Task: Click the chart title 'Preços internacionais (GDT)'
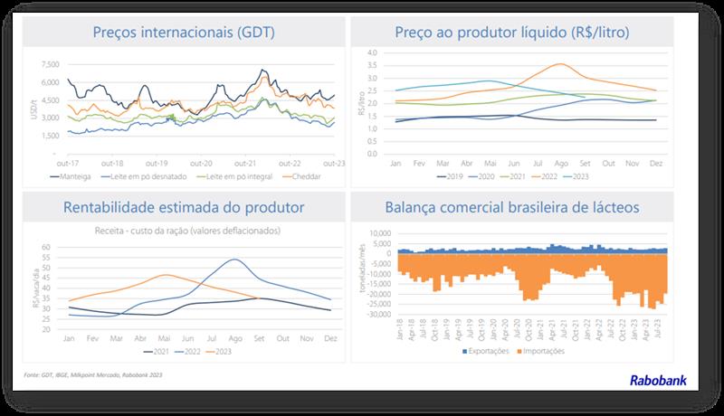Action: point(184,34)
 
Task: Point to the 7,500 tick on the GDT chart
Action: point(51,64)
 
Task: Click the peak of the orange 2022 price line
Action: point(561,64)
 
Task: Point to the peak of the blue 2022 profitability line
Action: point(234,260)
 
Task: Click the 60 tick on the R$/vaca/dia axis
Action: point(53,245)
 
